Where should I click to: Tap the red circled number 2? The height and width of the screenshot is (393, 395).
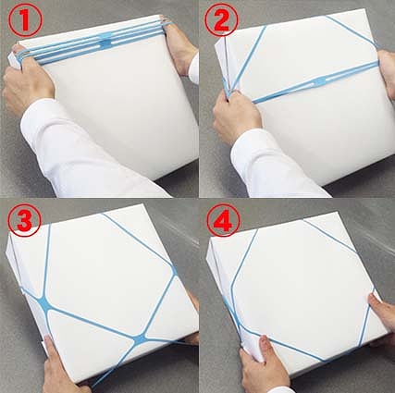221,20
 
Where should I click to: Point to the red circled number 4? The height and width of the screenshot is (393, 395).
224,221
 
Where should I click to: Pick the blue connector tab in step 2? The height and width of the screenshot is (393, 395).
317,81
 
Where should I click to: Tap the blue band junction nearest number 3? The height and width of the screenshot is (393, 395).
43,303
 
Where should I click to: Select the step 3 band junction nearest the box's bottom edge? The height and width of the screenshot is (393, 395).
140,338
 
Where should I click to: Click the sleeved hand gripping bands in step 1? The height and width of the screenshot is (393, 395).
27,80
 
